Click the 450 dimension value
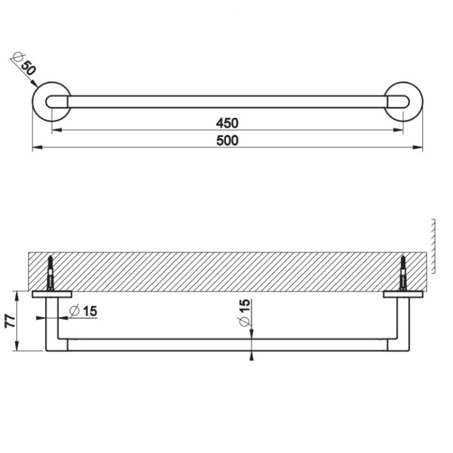[227, 122]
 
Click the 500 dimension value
[227, 141]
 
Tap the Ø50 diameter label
[23, 65]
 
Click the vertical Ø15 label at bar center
[244, 313]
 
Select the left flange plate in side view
[52, 293]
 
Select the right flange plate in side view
[403, 293]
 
